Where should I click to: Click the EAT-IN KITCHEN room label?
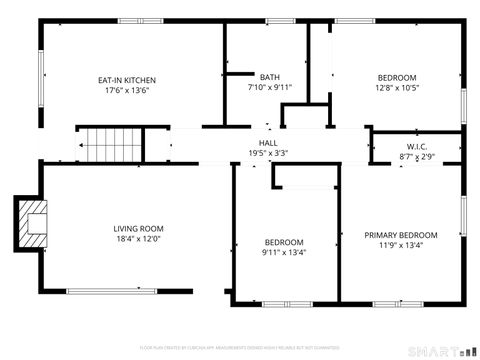click(x=126, y=80)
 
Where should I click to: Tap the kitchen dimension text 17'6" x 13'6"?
click(x=126, y=90)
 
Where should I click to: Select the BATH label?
click(x=270, y=78)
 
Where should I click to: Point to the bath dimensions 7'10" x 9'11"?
click(x=270, y=88)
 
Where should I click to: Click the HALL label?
click(x=268, y=144)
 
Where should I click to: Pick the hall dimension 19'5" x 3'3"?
click(x=268, y=154)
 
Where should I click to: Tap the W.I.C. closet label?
click(x=417, y=147)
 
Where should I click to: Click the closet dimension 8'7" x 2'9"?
click(x=417, y=157)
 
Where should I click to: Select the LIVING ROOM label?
click(x=138, y=229)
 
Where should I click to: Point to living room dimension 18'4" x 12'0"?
click(x=138, y=239)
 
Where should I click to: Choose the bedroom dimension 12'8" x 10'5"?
click(x=398, y=88)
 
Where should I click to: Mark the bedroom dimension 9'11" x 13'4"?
click(x=285, y=252)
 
